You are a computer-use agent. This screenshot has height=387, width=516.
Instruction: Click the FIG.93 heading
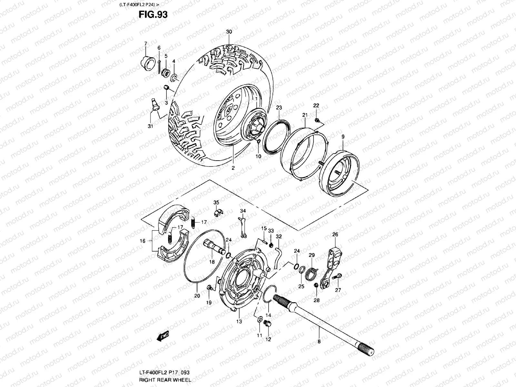pyautogui.click(x=153, y=15)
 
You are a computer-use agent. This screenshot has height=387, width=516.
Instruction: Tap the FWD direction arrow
pyautogui.click(x=161, y=336)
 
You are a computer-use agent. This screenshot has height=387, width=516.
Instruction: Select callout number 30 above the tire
pyautogui.click(x=229, y=32)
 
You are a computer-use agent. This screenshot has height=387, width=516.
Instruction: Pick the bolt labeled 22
pyautogui.click(x=317, y=121)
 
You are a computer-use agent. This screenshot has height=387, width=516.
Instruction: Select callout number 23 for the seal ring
pyautogui.click(x=279, y=108)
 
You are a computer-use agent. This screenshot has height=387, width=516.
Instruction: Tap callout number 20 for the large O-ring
pyautogui.click(x=197, y=296)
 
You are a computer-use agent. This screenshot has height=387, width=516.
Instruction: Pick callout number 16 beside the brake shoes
pyautogui.click(x=143, y=241)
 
